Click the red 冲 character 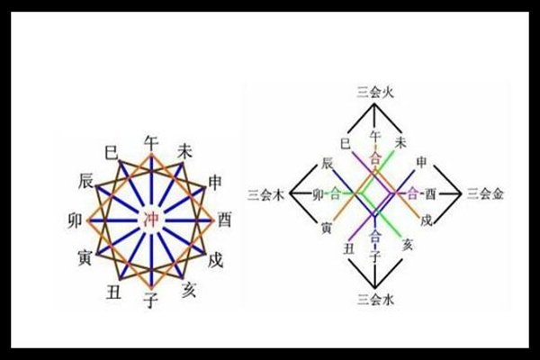click(151, 220)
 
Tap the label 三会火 click(374, 93)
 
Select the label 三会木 click(266, 195)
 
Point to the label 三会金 click(485, 194)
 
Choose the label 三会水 click(375, 300)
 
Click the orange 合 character click(374, 158)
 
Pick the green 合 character click(335, 194)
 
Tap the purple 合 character click(412, 194)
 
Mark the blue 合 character click(375, 237)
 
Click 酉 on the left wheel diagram click(223, 220)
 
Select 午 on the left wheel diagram click(151, 142)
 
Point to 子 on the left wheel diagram click(151, 300)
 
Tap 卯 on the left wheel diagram click(76, 220)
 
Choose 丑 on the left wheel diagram click(113, 292)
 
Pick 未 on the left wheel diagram click(184, 151)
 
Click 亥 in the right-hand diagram click(408, 245)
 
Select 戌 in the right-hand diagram click(426, 220)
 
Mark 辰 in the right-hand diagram click(327, 163)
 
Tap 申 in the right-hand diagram click(421, 162)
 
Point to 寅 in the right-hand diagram click(326, 228)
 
